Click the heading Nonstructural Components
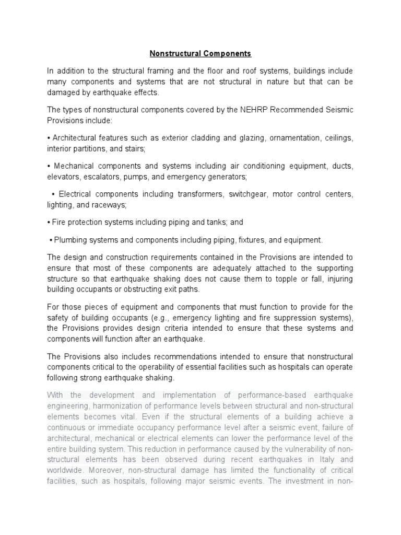pos(200,53)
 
